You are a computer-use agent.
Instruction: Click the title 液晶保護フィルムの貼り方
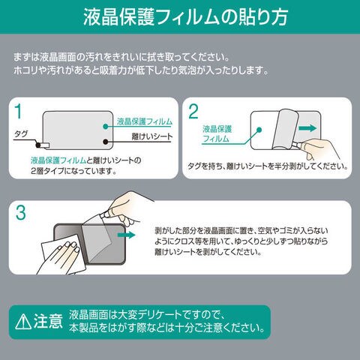click(x=185, y=17)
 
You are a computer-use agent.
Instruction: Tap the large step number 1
click(x=18, y=112)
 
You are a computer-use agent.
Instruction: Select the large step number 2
click(x=193, y=112)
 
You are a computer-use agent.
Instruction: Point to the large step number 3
click(x=20, y=212)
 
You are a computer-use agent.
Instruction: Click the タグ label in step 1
click(x=21, y=134)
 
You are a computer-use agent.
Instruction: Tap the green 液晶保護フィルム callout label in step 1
click(x=145, y=121)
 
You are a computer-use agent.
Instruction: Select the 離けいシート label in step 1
click(x=152, y=136)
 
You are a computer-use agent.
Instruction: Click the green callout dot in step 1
click(x=106, y=126)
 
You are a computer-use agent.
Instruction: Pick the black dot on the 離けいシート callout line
click(x=106, y=142)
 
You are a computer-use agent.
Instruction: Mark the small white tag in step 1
click(x=45, y=145)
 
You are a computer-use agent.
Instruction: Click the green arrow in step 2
click(x=307, y=128)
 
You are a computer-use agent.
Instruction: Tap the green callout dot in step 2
click(x=259, y=130)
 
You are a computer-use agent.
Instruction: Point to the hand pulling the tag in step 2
click(x=322, y=148)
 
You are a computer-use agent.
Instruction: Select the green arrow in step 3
click(x=126, y=235)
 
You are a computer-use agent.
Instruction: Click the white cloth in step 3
click(x=64, y=253)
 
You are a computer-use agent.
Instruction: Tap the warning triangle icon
click(x=23, y=322)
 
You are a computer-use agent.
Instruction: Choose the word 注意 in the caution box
click(x=48, y=321)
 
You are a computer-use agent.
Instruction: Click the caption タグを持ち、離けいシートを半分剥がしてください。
click(x=268, y=166)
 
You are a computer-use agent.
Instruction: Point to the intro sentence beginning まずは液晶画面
click(x=121, y=57)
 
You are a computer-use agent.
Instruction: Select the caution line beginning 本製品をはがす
click(x=167, y=328)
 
